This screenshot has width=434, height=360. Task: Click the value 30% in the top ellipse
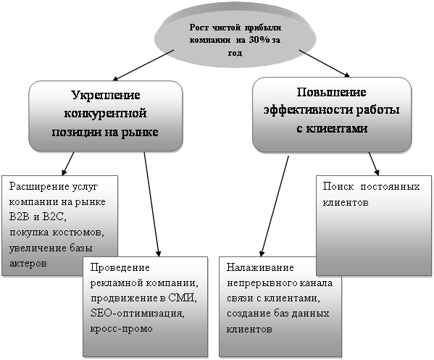(x=259, y=40)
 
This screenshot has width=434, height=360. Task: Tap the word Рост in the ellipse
(x=199, y=28)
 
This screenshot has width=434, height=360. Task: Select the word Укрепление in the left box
(x=106, y=95)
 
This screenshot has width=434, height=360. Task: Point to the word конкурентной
(x=105, y=114)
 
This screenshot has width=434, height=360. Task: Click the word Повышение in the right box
(x=331, y=92)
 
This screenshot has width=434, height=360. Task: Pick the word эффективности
(x=308, y=110)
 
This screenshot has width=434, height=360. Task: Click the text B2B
(x=19, y=217)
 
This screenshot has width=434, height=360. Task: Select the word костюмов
(x=78, y=233)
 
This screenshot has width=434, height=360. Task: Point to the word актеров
(x=28, y=263)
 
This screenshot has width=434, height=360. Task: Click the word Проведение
(x=120, y=267)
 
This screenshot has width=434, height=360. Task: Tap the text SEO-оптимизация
(x=137, y=314)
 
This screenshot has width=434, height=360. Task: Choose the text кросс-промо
(x=121, y=329)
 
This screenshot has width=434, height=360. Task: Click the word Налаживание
(x=260, y=267)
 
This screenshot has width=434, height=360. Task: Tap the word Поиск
(x=338, y=186)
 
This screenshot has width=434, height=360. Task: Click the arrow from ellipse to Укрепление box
(x=143, y=65)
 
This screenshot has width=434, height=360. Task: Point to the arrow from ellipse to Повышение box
(x=325, y=63)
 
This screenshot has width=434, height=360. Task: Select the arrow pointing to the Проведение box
(x=152, y=205)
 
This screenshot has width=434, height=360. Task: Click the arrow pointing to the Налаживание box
(x=275, y=206)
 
